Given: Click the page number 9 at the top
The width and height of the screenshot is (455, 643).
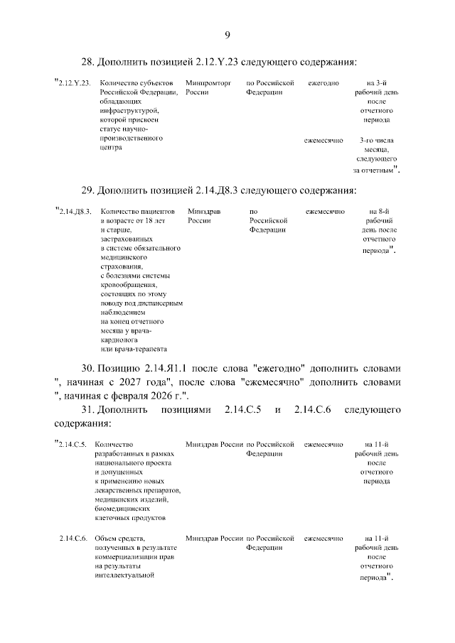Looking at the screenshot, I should click(x=227, y=36).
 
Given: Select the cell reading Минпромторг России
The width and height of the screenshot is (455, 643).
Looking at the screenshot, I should click(x=203, y=88).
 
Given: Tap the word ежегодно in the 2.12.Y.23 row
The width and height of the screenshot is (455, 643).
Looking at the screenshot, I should click(x=323, y=83).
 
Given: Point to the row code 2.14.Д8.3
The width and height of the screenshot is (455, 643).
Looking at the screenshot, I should click(x=75, y=212).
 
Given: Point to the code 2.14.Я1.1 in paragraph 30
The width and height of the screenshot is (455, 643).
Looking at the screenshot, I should click(x=170, y=369).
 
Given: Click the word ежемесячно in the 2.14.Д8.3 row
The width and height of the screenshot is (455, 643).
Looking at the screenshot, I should click(x=325, y=212).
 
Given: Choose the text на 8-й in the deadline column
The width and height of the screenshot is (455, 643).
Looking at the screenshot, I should click(x=380, y=212).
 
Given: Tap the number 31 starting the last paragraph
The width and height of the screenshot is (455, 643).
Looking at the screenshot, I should click(x=87, y=410).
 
